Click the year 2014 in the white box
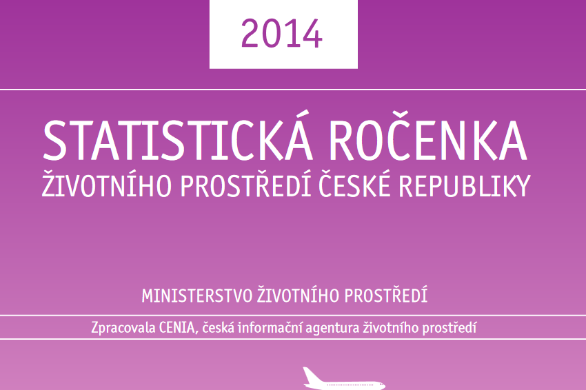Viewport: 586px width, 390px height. [x=281, y=34]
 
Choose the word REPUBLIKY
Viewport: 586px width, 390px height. [x=465, y=185]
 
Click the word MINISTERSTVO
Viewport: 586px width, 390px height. [x=197, y=296]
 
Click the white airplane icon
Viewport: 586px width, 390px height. [x=343, y=378]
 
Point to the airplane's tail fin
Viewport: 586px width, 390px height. [x=310, y=376]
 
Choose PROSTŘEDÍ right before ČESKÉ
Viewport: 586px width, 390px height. [x=246, y=184]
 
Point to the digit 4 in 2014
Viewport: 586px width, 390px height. [x=310, y=34]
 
